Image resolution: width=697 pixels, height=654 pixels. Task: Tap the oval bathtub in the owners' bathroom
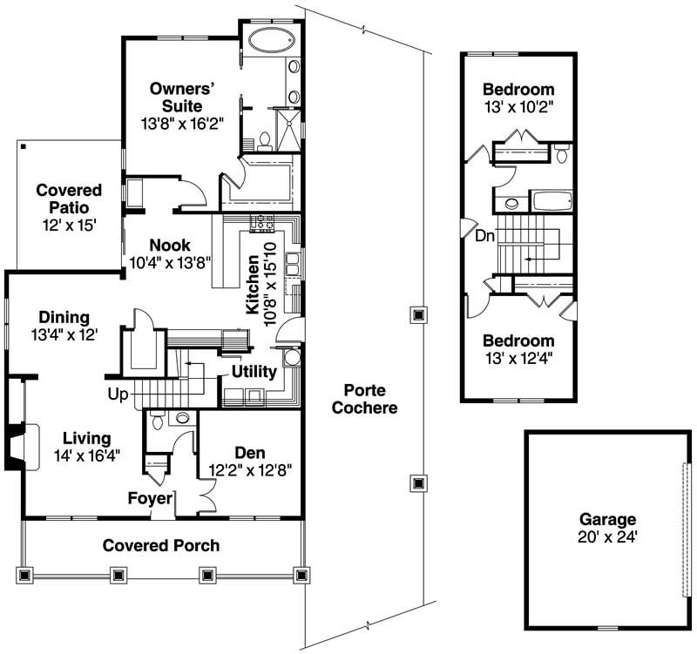[268, 40]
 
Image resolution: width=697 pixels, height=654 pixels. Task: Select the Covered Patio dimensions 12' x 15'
[68, 224]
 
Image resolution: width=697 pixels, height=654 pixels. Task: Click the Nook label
[169, 245]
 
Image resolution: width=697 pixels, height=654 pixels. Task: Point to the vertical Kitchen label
[252, 287]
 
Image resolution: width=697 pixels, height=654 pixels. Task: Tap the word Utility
[254, 372]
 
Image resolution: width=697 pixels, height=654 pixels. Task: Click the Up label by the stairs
[118, 394]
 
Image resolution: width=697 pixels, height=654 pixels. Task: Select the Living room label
[85, 437]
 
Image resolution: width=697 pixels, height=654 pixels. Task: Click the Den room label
[249, 453]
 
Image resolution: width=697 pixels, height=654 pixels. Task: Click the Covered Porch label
[161, 546]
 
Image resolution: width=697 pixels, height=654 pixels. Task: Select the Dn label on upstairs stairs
[485, 235]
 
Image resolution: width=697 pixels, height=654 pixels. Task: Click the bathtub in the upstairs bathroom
[552, 202]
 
